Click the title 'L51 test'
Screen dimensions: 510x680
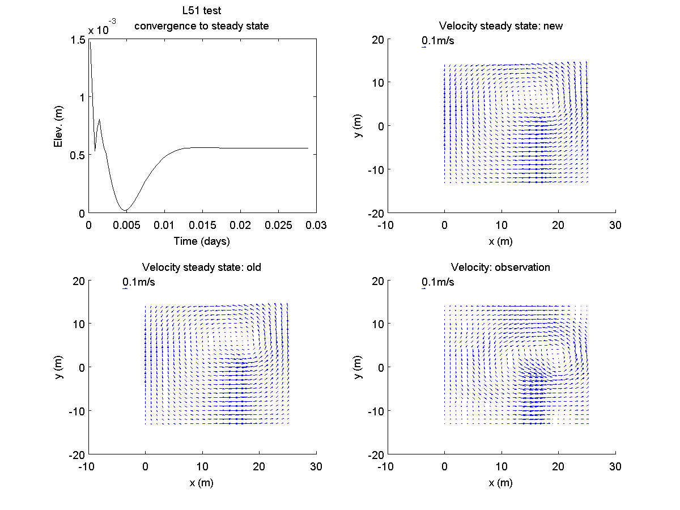coord(202,12)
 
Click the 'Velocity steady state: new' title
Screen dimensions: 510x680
coord(501,26)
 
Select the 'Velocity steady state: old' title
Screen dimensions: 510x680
coord(202,267)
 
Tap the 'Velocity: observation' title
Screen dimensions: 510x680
coord(501,267)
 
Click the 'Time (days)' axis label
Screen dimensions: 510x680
coord(202,241)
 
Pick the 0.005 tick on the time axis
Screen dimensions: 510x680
coord(126,225)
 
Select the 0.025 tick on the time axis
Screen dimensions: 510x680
coord(278,225)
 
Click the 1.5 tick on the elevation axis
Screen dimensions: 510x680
coord(78,39)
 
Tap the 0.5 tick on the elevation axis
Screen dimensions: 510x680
coord(78,155)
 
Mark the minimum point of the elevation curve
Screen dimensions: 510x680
coord(126,211)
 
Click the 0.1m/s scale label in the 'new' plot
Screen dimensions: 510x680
coord(438,41)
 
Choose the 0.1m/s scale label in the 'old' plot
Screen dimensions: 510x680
coord(139,282)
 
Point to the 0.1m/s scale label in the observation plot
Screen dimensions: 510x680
coord(438,282)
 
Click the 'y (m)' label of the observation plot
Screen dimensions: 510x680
coord(358,367)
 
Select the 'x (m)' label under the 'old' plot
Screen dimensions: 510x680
coord(202,482)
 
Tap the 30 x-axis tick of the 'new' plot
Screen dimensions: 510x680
coord(615,225)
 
